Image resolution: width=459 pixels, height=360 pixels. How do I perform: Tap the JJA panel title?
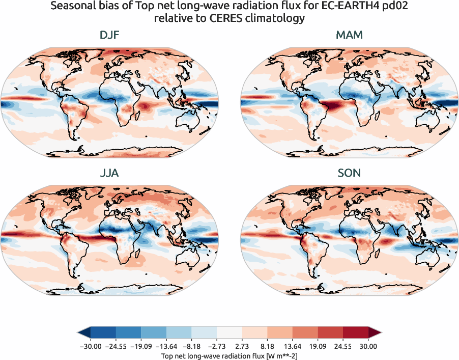tap(109, 173)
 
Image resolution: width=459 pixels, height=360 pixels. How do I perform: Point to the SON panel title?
tap(349, 173)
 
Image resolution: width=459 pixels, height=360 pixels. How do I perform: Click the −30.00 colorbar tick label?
tap(90, 346)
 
